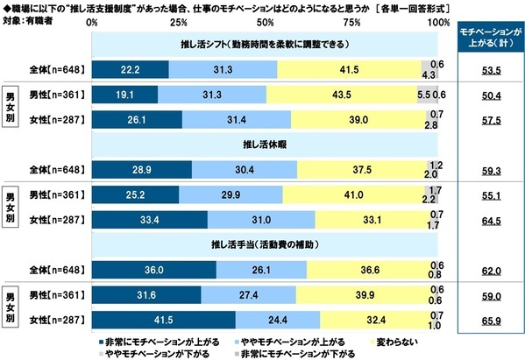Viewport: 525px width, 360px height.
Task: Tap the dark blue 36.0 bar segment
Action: pyautogui.click(x=156, y=268)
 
